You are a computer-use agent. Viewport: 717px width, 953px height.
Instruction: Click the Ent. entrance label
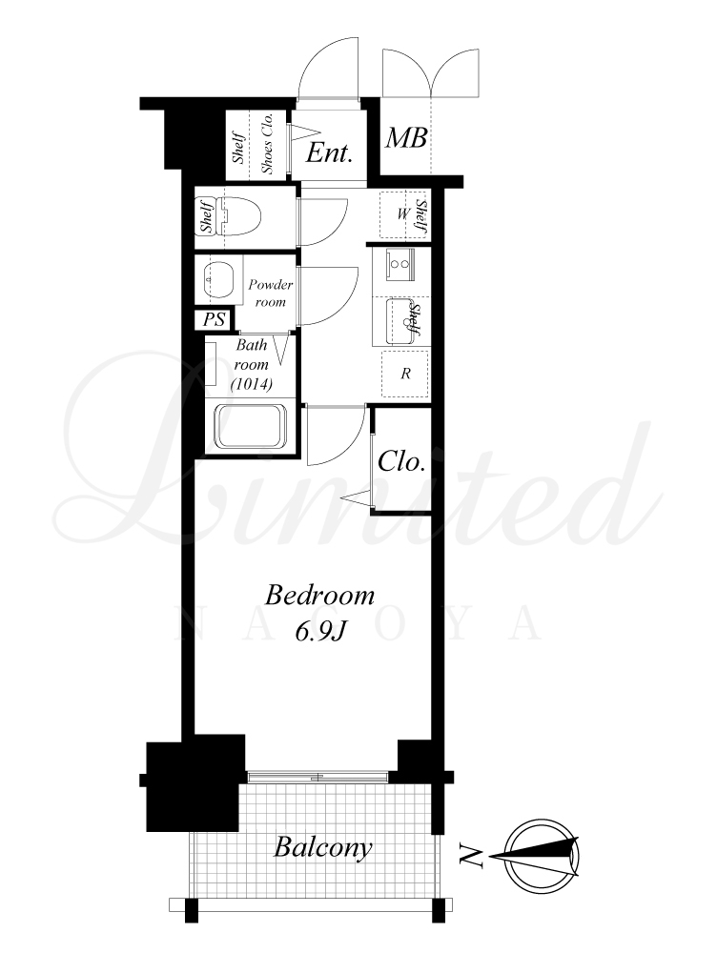click(329, 152)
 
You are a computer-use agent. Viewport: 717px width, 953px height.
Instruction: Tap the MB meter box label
click(405, 138)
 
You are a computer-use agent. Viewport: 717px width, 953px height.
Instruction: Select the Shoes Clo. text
click(268, 144)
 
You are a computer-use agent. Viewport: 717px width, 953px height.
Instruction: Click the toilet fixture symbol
click(238, 217)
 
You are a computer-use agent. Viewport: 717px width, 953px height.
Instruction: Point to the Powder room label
click(270, 293)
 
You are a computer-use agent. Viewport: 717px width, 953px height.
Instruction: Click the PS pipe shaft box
click(215, 319)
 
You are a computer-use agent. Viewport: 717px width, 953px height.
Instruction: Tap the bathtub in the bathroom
click(252, 427)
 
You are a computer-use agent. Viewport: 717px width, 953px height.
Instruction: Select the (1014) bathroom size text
click(251, 384)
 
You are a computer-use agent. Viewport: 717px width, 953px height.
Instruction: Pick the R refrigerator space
click(405, 374)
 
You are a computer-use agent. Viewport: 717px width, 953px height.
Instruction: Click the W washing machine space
click(402, 213)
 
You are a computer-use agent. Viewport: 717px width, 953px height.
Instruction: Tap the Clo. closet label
click(400, 462)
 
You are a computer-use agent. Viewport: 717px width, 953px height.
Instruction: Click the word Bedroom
click(319, 596)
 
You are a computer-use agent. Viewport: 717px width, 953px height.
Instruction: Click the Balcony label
click(322, 847)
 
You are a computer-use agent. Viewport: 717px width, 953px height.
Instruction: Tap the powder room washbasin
click(217, 281)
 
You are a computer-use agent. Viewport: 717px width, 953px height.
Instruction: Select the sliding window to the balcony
click(317, 777)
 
